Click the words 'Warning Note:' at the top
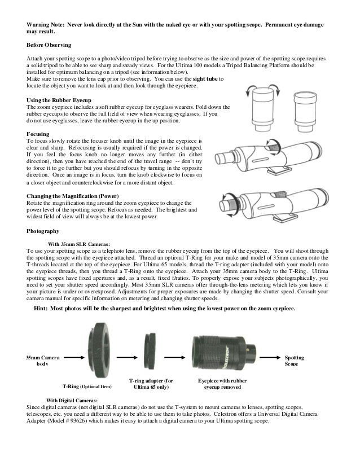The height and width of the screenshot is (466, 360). pyautogui.click(x=47, y=27)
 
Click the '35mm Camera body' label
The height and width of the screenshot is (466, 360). pyautogui.click(x=42, y=361)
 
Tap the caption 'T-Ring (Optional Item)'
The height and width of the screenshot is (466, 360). pyautogui.click(x=87, y=387)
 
